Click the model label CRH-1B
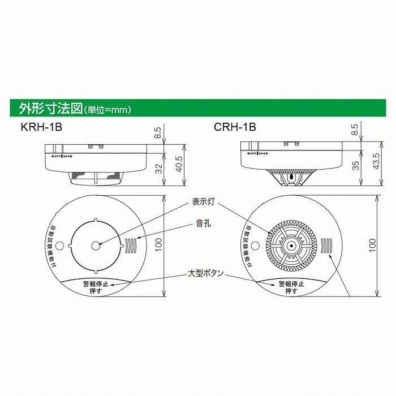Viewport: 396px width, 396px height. click(235, 127)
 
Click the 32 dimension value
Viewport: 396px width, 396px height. click(159, 168)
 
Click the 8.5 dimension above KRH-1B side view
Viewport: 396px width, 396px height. click(159, 133)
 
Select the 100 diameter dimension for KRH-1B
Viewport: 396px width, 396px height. click(159, 244)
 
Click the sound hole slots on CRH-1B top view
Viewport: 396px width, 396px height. click(326, 246)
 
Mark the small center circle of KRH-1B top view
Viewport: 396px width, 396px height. click(95, 246)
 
